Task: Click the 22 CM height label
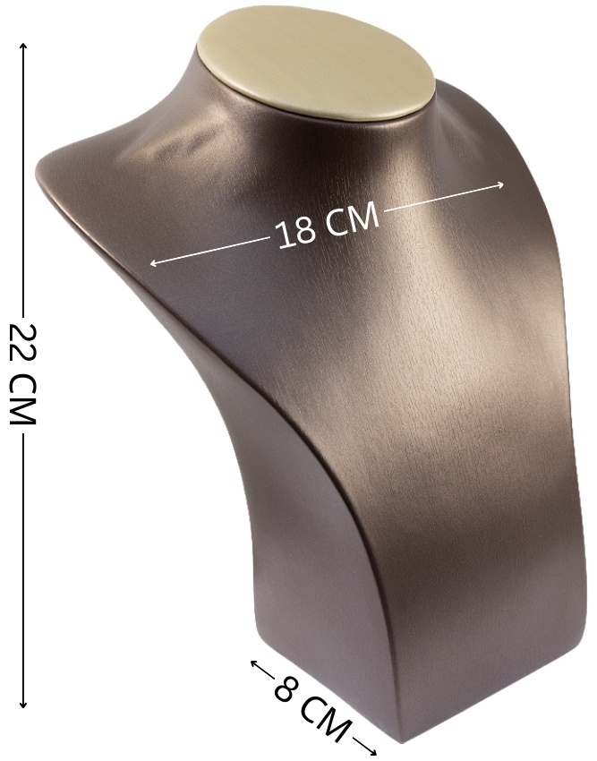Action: [x=22, y=374]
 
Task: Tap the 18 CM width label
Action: [x=327, y=227]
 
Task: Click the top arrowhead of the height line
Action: [x=22, y=46]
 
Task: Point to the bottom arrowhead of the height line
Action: [x=22, y=705]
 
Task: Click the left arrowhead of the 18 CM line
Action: [x=153, y=263]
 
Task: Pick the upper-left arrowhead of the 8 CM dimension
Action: [x=253, y=663]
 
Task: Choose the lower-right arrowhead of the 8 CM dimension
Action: [x=372, y=751]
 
